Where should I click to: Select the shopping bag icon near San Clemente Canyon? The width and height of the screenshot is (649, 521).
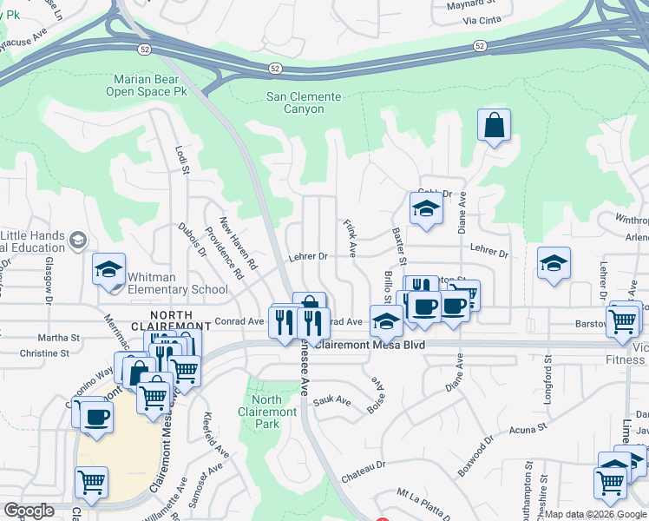click(x=494, y=126)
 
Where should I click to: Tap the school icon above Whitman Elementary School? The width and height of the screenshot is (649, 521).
click(x=109, y=269)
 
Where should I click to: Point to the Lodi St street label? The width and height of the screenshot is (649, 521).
click(x=183, y=160)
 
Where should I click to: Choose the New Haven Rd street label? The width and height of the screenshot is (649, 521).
click(x=238, y=241)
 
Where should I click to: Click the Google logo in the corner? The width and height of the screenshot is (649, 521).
click(x=29, y=511)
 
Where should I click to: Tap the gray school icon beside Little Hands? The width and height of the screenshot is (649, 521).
click(x=77, y=240)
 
